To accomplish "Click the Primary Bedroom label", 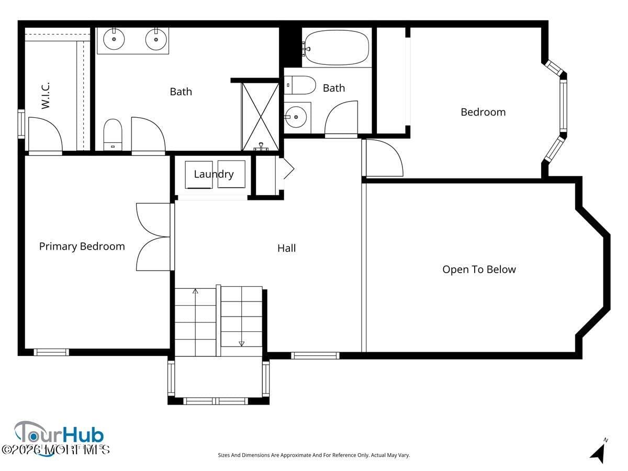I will (x=82, y=246).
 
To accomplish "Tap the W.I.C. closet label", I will (x=46, y=95).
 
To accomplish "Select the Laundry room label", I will (x=214, y=174).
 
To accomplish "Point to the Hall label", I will (x=286, y=248).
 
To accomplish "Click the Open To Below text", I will (x=479, y=270).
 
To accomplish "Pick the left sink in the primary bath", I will (x=114, y=39).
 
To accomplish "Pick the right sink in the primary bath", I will (x=156, y=39).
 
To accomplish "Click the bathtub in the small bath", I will (x=337, y=48).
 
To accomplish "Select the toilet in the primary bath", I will (x=113, y=134).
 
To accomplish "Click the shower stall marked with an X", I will (x=261, y=116).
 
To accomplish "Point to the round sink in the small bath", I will (x=296, y=117).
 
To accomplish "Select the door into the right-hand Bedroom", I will (x=383, y=158).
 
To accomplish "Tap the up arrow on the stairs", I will (x=195, y=290).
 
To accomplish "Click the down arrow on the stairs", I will (x=241, y=343).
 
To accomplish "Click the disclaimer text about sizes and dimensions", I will (x=313, y=455).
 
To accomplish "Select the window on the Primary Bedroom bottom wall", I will (x=51, y=352).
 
